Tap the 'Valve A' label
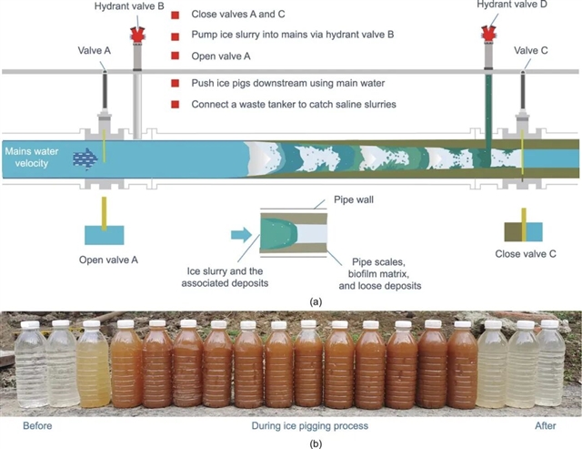point(94,51)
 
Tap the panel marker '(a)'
point(315,300)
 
